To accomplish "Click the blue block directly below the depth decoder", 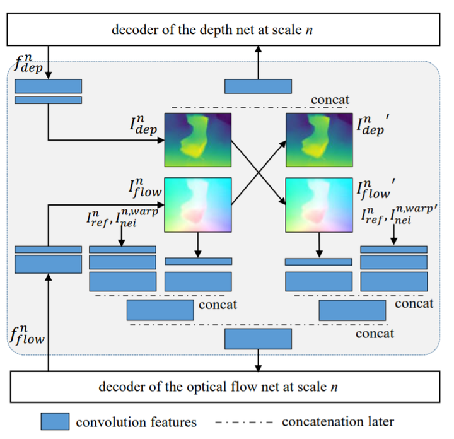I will click(x=259, y=86).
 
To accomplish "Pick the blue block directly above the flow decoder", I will click(x=259, y=339).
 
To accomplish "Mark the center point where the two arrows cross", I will click(x=259, y=170).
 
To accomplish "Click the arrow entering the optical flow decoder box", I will click(x=259, y=365).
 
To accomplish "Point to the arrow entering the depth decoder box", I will click(x=259, y=59).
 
